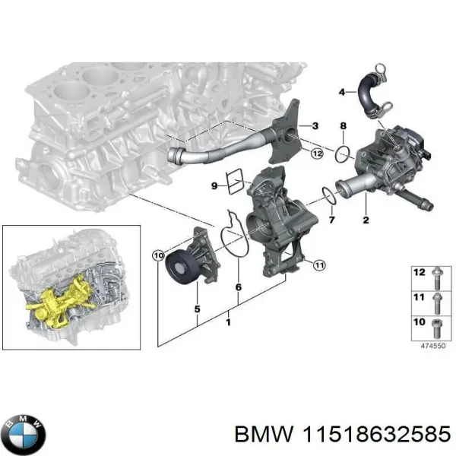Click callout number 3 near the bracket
(315, 125)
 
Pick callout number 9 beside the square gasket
(214, 185)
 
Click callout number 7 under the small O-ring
(331, 220)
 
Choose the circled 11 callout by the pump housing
(319, 264)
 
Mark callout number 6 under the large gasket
(238, 288)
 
